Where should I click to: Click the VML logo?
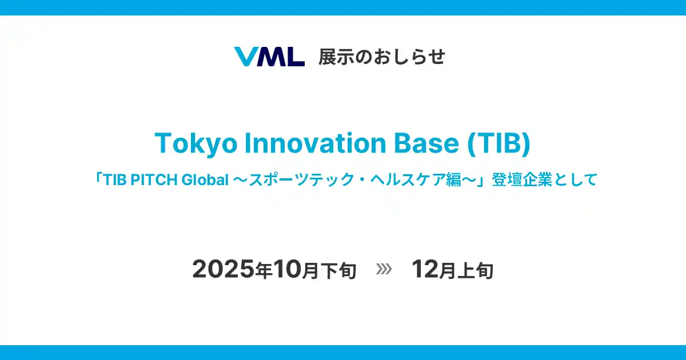click(269, 57)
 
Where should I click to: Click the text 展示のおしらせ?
click(382, 57)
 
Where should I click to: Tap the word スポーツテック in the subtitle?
click(292, 180)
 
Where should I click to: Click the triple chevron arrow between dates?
click(384, 269)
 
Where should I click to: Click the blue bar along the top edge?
click(343, 7)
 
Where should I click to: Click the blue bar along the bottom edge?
click(343, 352)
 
